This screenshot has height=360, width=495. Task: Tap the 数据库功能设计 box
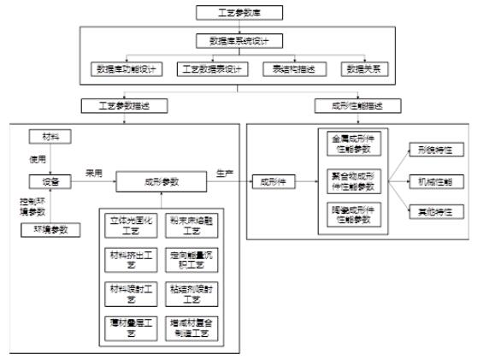tap(127, 68)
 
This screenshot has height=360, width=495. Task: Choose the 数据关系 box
tap(362, 68)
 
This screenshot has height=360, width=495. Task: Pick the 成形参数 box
tap(161, 181)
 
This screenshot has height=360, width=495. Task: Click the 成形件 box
tap(274, 181)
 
